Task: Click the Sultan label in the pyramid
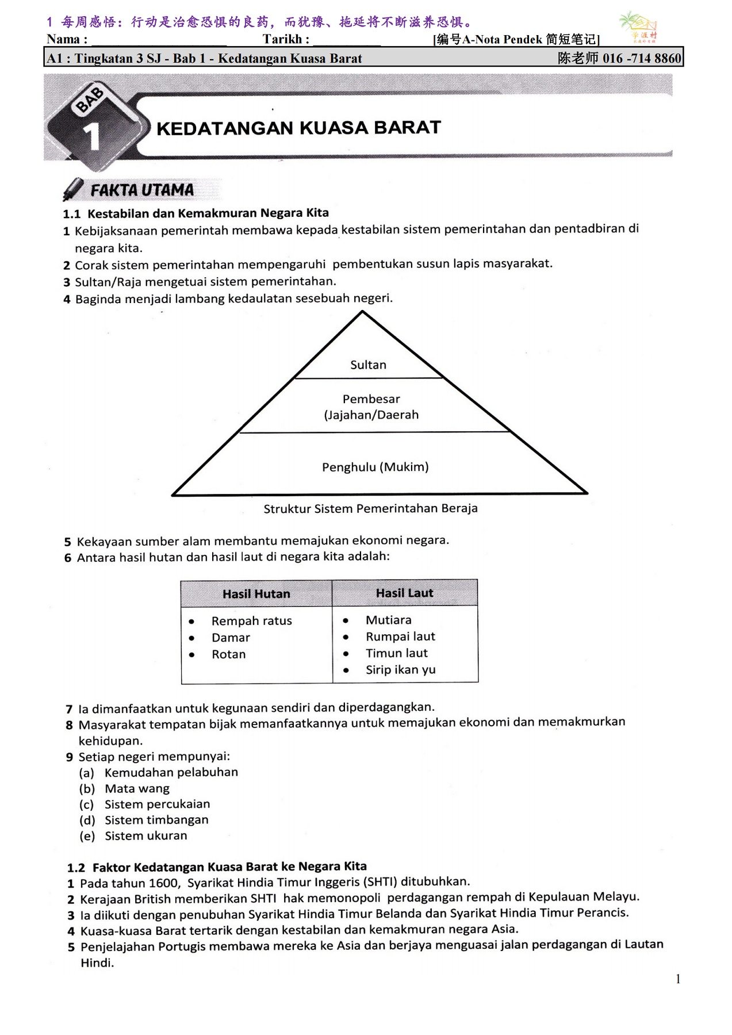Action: pyautogui.click(x=368, y=365)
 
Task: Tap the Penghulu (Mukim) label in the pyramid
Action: pyautogui.click(x=375, y=467)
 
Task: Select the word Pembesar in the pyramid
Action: pyautogui.click(x=371, y=399)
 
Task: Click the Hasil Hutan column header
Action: pyautogui.click(x=256, y=594)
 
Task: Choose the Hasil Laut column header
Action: pyautogui.click(x=404, y=593)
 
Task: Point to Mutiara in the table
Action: pyautogui.click(x=388, y=620)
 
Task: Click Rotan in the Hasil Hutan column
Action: pyautogui.click(x=228, y=654)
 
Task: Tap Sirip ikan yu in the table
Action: pyautogui.click(x=400, y=670)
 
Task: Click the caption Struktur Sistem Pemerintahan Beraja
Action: pyautogui.click(x=370, y=508)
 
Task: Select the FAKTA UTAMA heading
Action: pyautogui.click(x=141, y=190)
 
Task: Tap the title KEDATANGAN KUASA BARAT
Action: pyautogui.click(x=298, y=128)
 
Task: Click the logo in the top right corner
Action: pyautogui.click(x=638, y=26)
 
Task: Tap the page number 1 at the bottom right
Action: pyautogui.click(x=678, y=979)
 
